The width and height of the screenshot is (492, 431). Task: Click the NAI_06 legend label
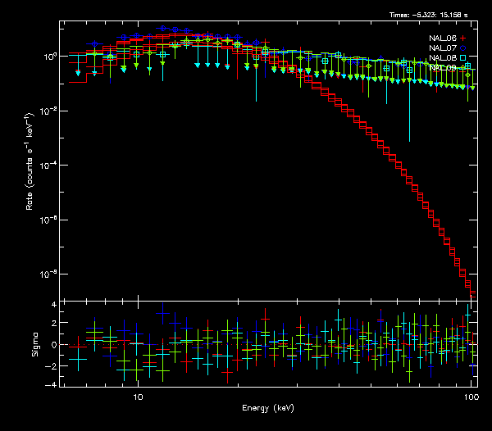tap(443, 38)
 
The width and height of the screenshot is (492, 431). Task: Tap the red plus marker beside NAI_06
tap(463, 38)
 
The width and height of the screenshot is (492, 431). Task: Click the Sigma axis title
tap(35, 344)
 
